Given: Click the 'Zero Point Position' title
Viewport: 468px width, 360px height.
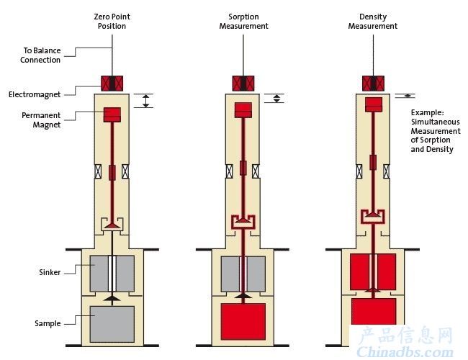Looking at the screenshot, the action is click(112, 21).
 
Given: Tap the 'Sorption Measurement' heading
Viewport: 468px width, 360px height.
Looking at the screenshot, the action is click(243, 21).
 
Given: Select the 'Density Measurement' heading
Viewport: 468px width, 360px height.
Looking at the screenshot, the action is click(373, 21).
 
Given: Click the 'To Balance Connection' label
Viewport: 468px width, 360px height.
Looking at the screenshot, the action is click(40, 55).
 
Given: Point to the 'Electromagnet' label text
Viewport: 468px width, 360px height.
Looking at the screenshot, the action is click(35, 94).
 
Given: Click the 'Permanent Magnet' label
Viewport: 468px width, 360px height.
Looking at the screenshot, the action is click(41, 120).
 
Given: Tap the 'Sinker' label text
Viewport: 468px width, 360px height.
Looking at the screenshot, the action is click(50, 272).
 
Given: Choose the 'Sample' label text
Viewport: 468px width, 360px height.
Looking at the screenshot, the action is click(48, 323).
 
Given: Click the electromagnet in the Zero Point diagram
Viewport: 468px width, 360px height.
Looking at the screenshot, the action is click(112, 84).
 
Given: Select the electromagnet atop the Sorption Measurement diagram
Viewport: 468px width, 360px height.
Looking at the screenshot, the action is click(243, 84).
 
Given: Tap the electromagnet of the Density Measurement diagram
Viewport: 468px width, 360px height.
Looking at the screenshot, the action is click(373, 84).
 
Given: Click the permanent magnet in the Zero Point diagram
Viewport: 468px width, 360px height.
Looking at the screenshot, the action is click(112, 114).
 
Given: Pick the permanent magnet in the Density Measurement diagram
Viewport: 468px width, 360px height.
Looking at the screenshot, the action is click(374, 104).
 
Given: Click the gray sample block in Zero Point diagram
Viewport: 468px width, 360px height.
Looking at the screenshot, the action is click(112, 324).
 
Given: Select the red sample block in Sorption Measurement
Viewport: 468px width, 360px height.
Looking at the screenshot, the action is click(243, 322).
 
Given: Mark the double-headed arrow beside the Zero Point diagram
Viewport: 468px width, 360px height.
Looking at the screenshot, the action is click(145, 101).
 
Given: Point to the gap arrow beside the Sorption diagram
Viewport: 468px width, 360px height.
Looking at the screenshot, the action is click(276, 99).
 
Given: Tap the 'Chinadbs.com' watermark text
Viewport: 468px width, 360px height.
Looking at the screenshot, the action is click(405, 352).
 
